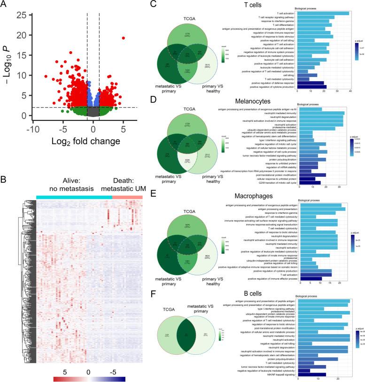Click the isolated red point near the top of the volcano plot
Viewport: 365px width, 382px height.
point(124,38)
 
